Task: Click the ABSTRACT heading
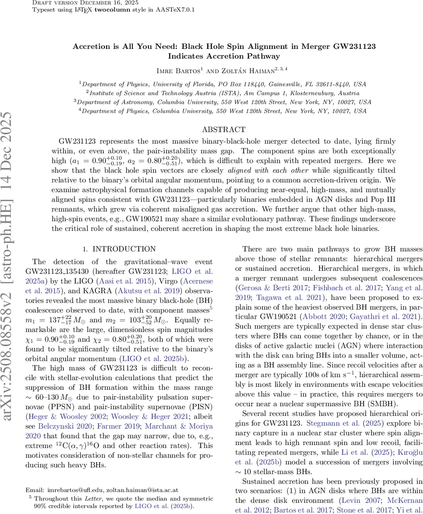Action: tap(224, 129)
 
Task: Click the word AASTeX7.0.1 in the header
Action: tap(177, 9)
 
